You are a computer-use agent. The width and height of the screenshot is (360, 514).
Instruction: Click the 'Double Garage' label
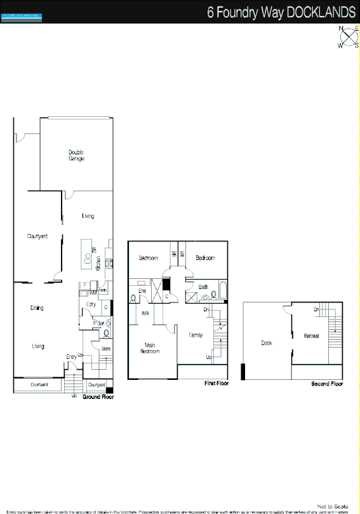(76, 155)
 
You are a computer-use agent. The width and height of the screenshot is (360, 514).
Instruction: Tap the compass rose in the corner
(348, 37)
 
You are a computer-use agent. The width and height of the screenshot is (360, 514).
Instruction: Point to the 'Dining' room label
(37, 308)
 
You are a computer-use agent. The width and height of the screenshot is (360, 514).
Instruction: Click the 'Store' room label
(97, 348)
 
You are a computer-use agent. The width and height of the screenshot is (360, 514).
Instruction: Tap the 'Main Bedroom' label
(149, 348)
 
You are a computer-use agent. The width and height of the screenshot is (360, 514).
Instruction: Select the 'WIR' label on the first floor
(145, 313)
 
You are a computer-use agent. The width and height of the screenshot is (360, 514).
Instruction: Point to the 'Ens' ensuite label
(143, 292)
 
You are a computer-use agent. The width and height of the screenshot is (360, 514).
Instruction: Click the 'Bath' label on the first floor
(203, 287)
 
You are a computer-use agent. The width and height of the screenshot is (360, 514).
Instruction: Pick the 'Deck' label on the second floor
(267, 343)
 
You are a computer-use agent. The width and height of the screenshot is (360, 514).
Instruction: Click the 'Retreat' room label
(311, 335)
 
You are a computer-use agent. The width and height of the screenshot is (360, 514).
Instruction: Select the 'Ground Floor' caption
(98, 396)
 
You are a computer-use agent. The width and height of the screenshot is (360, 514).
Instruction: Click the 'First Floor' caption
(216, 384)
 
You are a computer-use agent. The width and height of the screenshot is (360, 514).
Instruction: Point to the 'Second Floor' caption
(327, 384)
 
